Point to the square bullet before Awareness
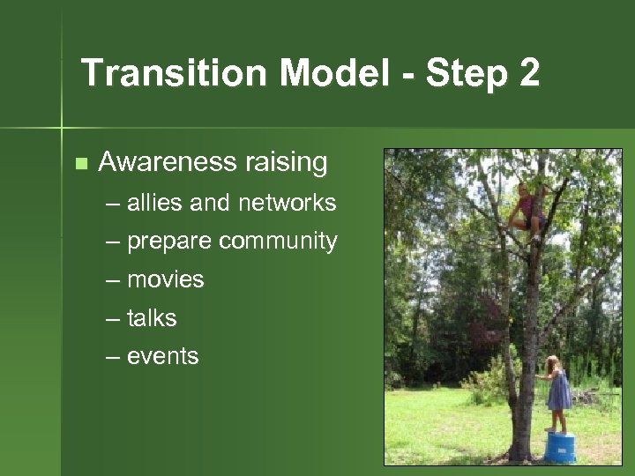pos(81,163)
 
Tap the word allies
pos(155,203)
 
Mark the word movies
pos(165,280)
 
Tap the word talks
pos(152,318)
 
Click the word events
pos(163,357)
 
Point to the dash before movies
pos(113,280)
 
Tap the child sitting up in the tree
pos(529,210)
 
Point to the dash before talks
pos(113,318)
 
